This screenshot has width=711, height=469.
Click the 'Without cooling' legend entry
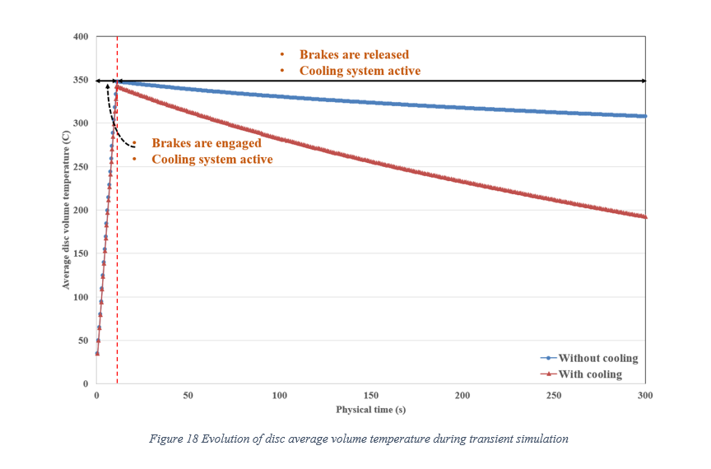point(597,358)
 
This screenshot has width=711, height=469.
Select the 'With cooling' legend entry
point(589,374)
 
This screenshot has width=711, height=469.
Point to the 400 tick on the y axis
point(81,37)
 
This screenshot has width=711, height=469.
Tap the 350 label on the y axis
point(81,81)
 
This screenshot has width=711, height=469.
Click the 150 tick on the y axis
point(81,253)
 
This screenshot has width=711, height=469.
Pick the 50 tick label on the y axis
point(84,341)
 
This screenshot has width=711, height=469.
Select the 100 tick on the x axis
point(280,396)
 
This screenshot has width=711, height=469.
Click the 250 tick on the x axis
point(554,396)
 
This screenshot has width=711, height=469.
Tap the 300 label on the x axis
point(645,396)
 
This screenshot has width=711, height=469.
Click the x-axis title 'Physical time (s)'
point(371,409)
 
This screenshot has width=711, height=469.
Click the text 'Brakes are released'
point(354,55)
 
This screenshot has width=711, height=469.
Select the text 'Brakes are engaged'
point(207,143)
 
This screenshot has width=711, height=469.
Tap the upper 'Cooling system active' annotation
point(360,72)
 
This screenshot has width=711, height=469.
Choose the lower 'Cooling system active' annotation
point(212,160)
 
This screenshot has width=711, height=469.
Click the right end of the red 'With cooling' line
point(645,217)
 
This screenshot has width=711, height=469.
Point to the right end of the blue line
point(645,116)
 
